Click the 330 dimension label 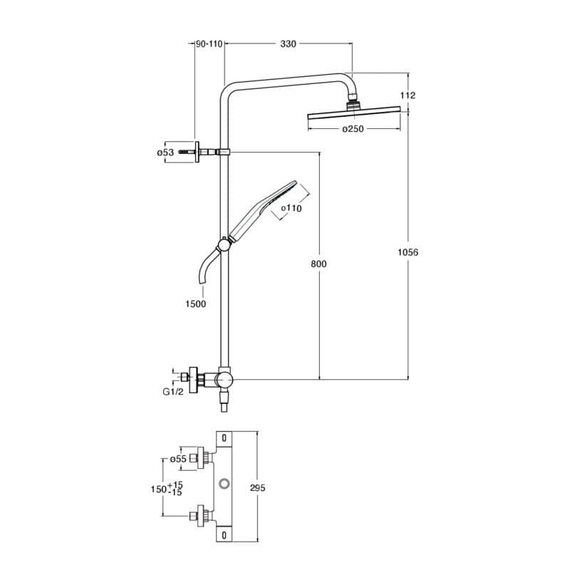click(x=288, y=44)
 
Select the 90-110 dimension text click(x=209, y=44)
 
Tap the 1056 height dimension click(x=408, y=252)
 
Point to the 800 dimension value click(x=318, y=264)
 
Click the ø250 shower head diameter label click(x=353, y=129)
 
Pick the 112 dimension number click(x=408, y=95)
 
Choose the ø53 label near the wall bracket click(x=165, y=152)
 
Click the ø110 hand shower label click(x=291, y=208)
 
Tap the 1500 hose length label click(x=195, y=304)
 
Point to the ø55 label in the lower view click(x=178, y=460)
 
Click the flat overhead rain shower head click(x=353, y=113)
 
